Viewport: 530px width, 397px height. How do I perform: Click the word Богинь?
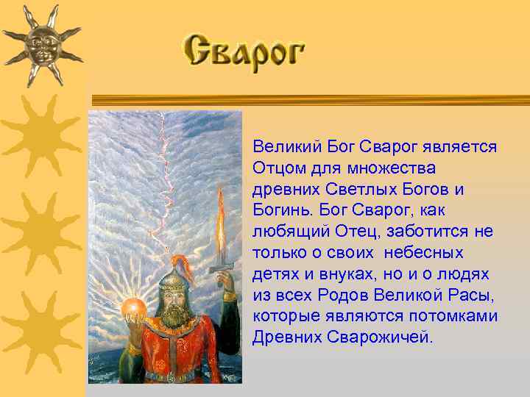(278, 211)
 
